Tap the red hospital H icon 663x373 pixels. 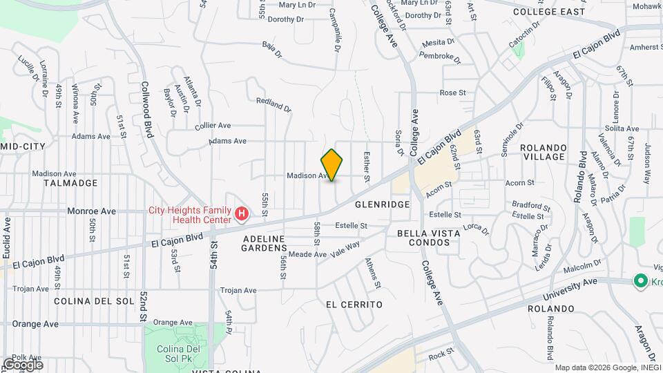(x=242, y=214)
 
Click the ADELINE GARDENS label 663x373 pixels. (x=255, y=242)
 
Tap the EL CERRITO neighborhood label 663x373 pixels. (x=354, y=304)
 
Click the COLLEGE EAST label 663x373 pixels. (x=549, y=12)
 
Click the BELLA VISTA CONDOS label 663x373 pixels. (x=429, y=238)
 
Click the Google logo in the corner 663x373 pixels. (x=23, y=364)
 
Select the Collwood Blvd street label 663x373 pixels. (x=146, y=111)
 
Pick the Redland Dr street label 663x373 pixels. (x=273, y=104)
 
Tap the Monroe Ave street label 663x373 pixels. (x=92, y=211)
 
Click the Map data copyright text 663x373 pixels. (x=608, y=367)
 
